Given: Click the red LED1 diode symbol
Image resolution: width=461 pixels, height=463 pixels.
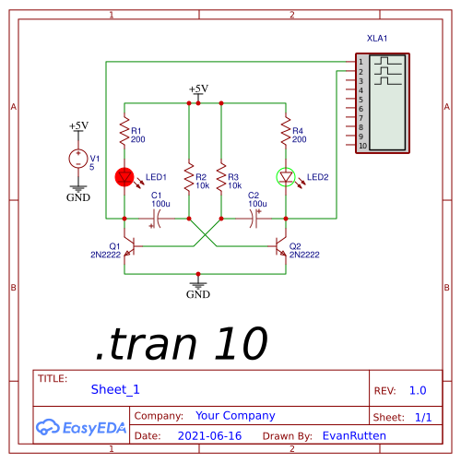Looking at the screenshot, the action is pos(124,177).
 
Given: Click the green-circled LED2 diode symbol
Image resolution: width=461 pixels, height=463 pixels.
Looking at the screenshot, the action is pos(286,177).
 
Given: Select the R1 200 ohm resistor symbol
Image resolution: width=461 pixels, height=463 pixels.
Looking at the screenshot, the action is pos(124,131).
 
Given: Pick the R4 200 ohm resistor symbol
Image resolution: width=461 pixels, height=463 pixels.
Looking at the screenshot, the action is pos(286,131).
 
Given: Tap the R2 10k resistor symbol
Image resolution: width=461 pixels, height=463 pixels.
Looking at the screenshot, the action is pos(189,178).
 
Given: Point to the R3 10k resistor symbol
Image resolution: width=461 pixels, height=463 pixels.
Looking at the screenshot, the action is pos(221,178).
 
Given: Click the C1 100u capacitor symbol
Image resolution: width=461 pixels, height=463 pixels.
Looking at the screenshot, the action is pos(156,219).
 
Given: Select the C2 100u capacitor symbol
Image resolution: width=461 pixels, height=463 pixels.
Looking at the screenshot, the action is pos(254,219).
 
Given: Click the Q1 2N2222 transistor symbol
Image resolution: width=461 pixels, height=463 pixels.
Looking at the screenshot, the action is pos(131,246).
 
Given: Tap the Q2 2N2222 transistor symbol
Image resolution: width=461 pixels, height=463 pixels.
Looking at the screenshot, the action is pos(279,246).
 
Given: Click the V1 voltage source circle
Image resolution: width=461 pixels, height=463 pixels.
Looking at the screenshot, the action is pos(78,159).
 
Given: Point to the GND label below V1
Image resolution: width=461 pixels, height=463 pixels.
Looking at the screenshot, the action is pos(78,197).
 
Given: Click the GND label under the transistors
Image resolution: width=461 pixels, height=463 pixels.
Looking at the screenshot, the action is pos(198,294).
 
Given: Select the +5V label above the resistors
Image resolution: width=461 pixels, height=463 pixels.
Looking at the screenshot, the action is pos(198,89).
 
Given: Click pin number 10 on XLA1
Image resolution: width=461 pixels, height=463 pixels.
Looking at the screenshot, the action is pos(363,146).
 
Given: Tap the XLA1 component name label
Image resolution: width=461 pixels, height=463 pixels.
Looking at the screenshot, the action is pos(377,39).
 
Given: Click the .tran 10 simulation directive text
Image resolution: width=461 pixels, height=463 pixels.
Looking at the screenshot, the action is pos(182,343).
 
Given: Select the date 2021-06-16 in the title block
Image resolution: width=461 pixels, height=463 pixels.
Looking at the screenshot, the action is pos(209,436).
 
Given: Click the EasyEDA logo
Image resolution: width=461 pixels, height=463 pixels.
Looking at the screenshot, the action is pos(81,427).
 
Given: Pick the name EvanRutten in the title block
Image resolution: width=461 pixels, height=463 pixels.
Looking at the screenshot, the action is pos(354,436).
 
